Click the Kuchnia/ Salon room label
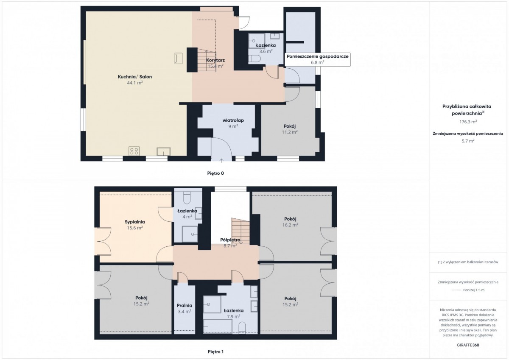coord(135,77)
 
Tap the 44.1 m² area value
coord(135,83)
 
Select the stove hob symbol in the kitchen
coord(134,151)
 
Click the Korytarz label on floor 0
coord(215,60)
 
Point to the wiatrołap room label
coord(233,120)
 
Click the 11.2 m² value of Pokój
coord(290,132)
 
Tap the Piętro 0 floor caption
coord(215,173)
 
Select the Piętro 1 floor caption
coord(215,352)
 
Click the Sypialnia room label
coord(135,222)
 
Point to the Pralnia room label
coord(185,305)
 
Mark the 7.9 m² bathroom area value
coord(234,316)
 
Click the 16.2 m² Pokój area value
coord(290,225)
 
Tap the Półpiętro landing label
coord(230,240)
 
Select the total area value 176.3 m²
coord(468,122)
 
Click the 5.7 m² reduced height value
coord(468,141)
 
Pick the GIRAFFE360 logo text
coord(468,345)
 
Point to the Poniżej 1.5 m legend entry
coord(474,290)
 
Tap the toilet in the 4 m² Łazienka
coord(187,197)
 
